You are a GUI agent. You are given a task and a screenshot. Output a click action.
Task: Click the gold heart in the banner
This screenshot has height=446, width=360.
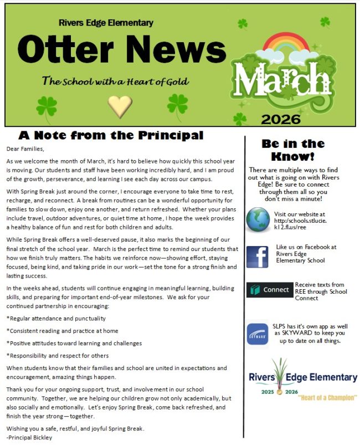(x=120, y=105)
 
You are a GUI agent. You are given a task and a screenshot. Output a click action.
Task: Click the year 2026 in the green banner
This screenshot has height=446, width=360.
(x=281, y=119)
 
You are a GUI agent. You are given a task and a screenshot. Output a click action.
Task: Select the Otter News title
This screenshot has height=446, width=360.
(x=121, y=48)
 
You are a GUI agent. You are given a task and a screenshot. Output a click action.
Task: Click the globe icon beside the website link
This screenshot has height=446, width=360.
(x=258, y=219)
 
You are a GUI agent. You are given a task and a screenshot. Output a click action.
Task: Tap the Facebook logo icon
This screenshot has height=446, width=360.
(x=257, y=257)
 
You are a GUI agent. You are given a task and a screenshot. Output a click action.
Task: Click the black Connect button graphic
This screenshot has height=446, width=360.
(x=269, y=290)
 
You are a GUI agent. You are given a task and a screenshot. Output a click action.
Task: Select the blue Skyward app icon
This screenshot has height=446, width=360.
(x=258, y=334)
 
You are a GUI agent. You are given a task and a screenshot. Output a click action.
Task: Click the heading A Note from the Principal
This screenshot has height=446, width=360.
(x=111, y=135)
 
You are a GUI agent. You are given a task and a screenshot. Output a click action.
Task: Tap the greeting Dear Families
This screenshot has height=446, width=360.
(x=25, y=148)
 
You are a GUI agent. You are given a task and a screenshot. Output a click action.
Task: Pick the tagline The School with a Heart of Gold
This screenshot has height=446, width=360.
(x=115, y=81)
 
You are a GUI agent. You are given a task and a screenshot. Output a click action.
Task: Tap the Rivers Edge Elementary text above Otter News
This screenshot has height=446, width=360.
(x=106, y=23)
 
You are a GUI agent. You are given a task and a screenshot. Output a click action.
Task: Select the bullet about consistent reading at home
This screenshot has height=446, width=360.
(x=62, y=331)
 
